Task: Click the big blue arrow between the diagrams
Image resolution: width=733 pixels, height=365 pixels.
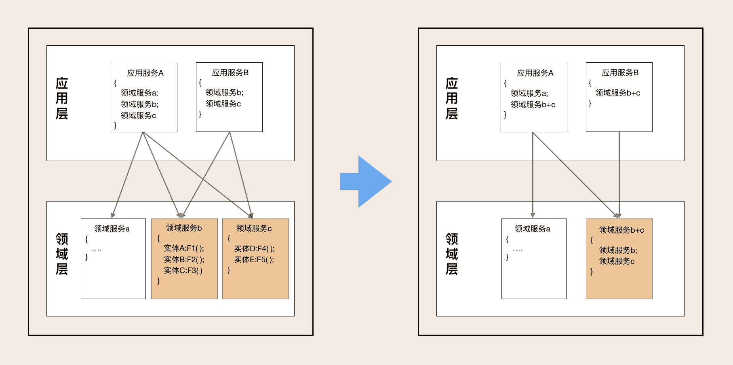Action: click(366, 182)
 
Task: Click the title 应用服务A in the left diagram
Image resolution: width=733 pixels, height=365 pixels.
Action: click(145, 73)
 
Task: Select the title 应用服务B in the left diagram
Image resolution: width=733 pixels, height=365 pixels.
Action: click(230, 73)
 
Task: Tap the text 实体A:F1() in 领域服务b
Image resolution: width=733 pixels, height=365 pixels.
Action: click(184, 248)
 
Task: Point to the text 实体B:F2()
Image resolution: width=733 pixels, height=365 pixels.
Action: click(184, 259)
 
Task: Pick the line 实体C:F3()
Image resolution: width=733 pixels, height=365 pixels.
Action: click(183, 270)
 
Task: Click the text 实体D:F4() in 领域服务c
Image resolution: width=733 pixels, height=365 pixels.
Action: click(254, 248)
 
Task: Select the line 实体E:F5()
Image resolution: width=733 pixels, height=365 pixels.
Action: click(254, 259)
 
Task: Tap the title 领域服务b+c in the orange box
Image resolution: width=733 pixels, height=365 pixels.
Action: click(621, 230)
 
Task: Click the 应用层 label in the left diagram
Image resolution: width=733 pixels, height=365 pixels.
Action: click(62, 98)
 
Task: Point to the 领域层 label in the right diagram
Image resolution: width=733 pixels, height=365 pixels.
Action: click(452, 254)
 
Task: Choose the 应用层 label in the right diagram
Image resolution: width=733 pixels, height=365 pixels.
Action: click(452, 98)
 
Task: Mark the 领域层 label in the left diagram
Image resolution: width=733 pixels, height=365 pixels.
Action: click(62, 254)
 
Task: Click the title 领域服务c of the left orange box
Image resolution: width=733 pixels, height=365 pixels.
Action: click(254, 229)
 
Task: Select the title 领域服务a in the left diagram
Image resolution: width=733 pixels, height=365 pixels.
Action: click(112, 229)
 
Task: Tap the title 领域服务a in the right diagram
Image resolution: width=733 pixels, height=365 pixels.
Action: click(532, 229)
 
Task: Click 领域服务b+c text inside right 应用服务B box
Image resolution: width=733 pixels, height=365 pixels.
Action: click(617, 93)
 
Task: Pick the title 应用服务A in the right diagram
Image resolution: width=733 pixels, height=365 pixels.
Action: click(535, 73)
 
